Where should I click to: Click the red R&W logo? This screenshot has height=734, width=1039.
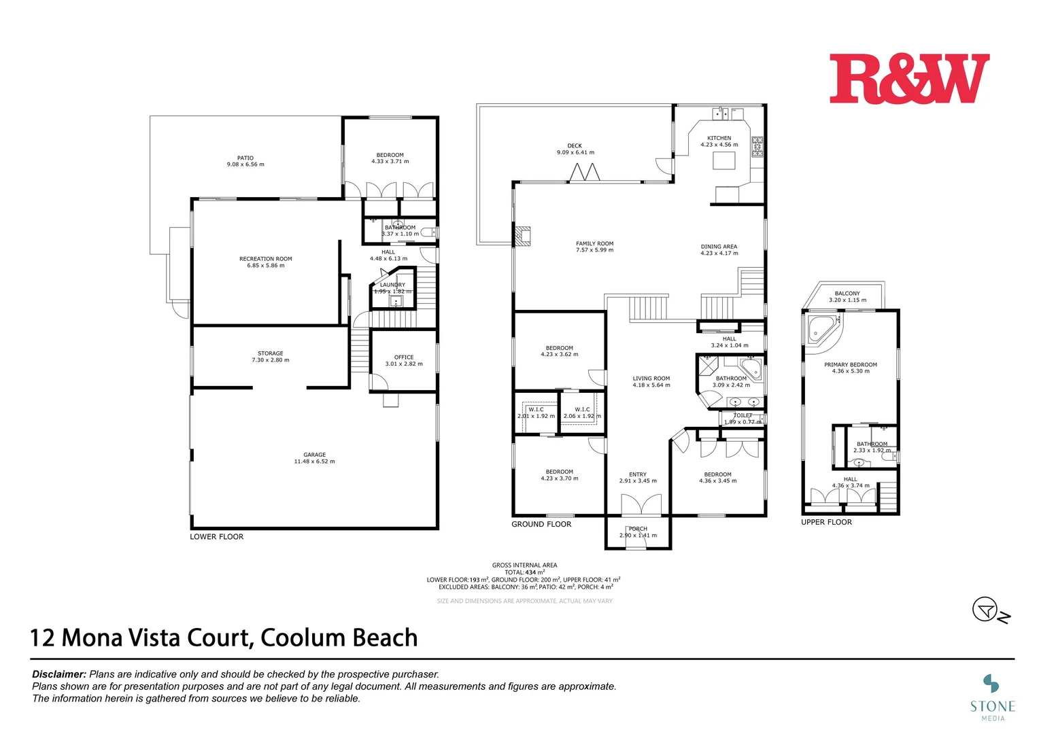[908, 79]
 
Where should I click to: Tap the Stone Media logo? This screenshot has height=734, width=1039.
[992, 697]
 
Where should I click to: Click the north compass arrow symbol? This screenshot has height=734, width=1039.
[986, 610]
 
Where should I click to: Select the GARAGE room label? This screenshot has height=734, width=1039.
[314, 455]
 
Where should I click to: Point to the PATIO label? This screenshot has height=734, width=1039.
[245, 158]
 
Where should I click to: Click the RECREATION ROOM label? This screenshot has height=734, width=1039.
[265, 259]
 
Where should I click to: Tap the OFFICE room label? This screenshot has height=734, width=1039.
[404, 357]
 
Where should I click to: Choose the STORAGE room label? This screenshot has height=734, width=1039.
[270, 353]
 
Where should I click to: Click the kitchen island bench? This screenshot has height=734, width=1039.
[724, 160]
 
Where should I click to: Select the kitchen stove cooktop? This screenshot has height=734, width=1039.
[757, 147]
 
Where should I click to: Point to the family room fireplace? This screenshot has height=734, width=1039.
[522, 235]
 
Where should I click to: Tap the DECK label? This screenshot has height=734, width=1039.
[575, 145]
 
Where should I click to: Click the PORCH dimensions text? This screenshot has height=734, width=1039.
[638, 536]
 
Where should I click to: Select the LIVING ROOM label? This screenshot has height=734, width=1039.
[651, 379]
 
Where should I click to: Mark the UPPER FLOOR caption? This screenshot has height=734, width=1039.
[826, 522]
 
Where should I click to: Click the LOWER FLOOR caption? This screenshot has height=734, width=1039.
[216, 537]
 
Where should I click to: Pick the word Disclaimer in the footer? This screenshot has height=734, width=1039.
[59, 674]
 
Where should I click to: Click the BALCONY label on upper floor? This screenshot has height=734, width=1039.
[847, 294]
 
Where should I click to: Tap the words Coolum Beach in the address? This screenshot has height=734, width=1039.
[339, 638]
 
